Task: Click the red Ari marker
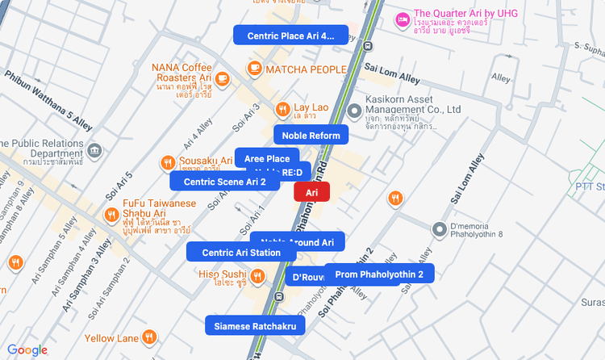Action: pos(312,192)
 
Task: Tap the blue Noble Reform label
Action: pos(311,135)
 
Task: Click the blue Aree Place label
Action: pos(267,158)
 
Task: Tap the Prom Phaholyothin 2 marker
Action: pos(379,274)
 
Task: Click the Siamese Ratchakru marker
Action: pos(256,325)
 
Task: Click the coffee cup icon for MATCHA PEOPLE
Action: pos(255,69)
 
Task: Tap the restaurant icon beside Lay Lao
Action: pos(282,109)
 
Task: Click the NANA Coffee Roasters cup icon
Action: pos(223,78)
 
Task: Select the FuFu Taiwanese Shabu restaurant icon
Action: pos(111,214)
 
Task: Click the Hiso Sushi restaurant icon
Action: pos(257,277)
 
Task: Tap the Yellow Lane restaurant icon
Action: pos(149,337)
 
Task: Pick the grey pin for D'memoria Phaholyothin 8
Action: pos(440,230)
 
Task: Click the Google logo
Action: pos(27,350)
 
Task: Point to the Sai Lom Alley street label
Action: pos(392,74)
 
